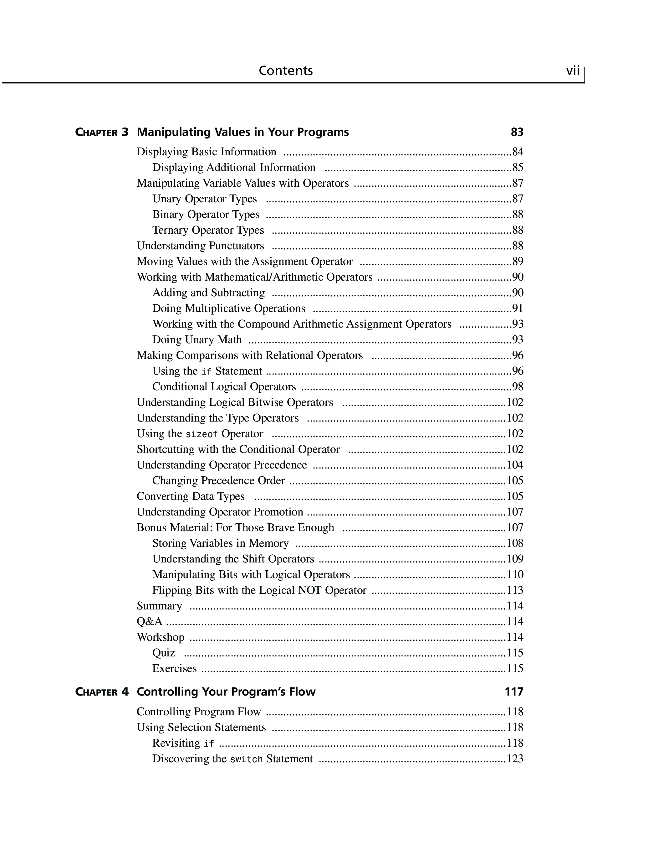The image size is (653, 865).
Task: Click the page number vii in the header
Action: pyautogui.click(x=573, y=71)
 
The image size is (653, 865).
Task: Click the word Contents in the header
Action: pyautogui.click(x=286, y=71)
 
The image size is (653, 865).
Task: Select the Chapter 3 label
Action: pyautogui.click(x=102, y=132)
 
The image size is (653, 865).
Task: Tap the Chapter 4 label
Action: pyautogui.click(x=102, y=692)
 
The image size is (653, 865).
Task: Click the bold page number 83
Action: pyautogui.click(x=517, y=132)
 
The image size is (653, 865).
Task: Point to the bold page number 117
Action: pyautogui.click(x=513, y=692)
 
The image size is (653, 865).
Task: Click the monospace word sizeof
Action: pyautogui.click(x=201, y=434)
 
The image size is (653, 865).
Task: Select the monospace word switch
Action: pyautogui.click(x=246, y=759)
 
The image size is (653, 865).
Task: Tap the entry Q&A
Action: pyautogui.click(x=149, y=621)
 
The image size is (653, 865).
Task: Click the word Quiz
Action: pyautogui.click(x=163, y=653)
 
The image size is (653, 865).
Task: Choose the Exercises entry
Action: pyautogui.click(x=174, y=668)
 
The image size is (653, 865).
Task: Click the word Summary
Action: pyautogui.click(x=159, y=606)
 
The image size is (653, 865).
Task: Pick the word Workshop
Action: pyautogui.click(x=160, y=637)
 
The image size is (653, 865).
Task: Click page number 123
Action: pyautogui.click(x=515, y=759)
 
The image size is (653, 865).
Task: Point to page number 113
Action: pyautogui.click(x=515, y=590)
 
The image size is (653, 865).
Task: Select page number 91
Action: pyautogui.click(x=518, y=308)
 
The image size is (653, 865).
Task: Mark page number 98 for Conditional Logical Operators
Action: pyautogui.click(x=518, y=387)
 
